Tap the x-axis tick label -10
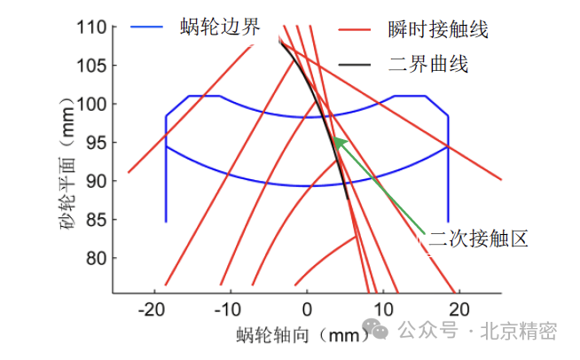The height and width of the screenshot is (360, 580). pos(230,309)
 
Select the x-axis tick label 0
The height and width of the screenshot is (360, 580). pos(307,309)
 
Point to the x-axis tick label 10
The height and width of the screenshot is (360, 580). pos(383,309)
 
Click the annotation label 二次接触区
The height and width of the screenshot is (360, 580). pos(478,238)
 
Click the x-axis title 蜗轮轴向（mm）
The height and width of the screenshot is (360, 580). pos(302,335)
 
